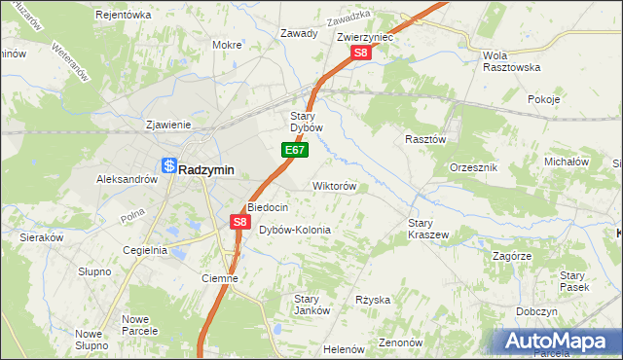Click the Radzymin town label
206,168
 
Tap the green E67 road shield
295,151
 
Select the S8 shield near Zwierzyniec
361,54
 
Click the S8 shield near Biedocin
240,223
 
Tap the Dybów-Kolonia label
295,230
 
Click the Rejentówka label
124,15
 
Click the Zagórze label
511,255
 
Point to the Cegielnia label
145,250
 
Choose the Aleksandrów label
127,179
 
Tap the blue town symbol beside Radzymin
169,167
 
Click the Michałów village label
567,162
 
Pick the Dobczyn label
536,311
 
